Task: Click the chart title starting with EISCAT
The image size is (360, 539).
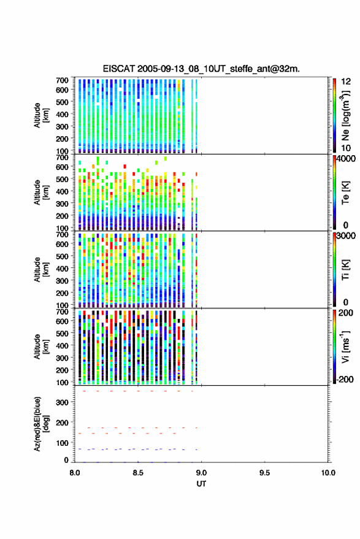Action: pos(201,69)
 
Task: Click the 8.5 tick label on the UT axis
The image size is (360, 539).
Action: pos(138,473)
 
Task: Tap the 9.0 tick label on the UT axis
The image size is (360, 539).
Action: pos(201,473)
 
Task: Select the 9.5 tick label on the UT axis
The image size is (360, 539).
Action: pos(264,473)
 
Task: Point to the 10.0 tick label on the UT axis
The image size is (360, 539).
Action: pos(328,473)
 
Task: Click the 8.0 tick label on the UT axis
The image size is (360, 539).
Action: pos(75,473)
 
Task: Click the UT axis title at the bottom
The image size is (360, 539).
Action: pos(201,484)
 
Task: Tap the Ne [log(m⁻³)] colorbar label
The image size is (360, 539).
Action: pos(345,116)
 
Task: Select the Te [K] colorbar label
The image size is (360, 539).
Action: pos(345,193)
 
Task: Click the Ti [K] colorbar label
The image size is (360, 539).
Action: pos(345,270)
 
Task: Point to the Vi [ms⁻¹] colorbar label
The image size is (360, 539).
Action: pos(345,346)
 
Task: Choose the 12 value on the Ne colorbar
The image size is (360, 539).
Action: pos(346,82)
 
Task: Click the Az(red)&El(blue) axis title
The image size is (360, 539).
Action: pos(41,424)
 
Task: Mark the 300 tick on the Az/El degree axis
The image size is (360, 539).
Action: pos(62,402)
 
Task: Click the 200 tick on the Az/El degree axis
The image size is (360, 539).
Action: pos(62,422)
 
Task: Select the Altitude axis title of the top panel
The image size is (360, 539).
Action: pos(41,115)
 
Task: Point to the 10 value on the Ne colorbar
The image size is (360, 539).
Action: pos(346,148)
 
